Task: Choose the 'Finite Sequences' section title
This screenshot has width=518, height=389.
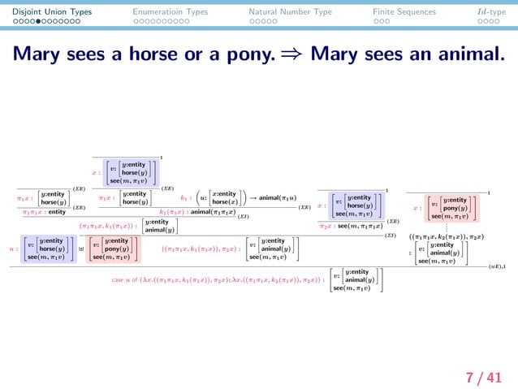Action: click(404, 12)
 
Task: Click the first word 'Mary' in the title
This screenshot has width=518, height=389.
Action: click(37, 54)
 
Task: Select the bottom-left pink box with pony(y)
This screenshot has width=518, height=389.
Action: click(114, 249)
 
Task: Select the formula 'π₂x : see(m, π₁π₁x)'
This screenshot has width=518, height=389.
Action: click(351, 226)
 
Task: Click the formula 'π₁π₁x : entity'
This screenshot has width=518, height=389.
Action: click(45, 212)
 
